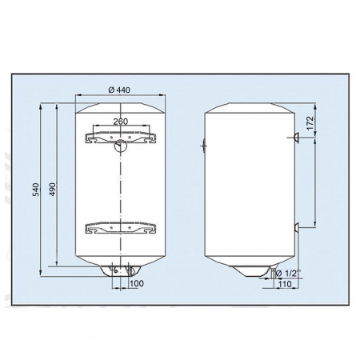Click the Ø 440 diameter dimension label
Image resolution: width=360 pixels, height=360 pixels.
(x=119, y=90)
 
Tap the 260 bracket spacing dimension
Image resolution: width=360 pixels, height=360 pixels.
(x=121, y=122)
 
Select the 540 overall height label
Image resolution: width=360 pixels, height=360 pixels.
(x=35, y=190)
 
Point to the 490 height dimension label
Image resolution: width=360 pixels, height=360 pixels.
(x=53, y=190)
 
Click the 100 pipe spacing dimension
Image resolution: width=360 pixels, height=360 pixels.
(x=136, y=283)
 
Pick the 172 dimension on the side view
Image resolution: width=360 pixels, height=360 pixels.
(x=310, y=123)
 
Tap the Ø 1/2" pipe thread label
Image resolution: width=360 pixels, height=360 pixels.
(x=288, y=274)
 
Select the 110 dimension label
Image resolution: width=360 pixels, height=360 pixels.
(x=285, y=284)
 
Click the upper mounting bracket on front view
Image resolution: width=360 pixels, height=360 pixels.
(x=121, y=138)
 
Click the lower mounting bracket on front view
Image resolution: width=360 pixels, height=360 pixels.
(x=121, y=228)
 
